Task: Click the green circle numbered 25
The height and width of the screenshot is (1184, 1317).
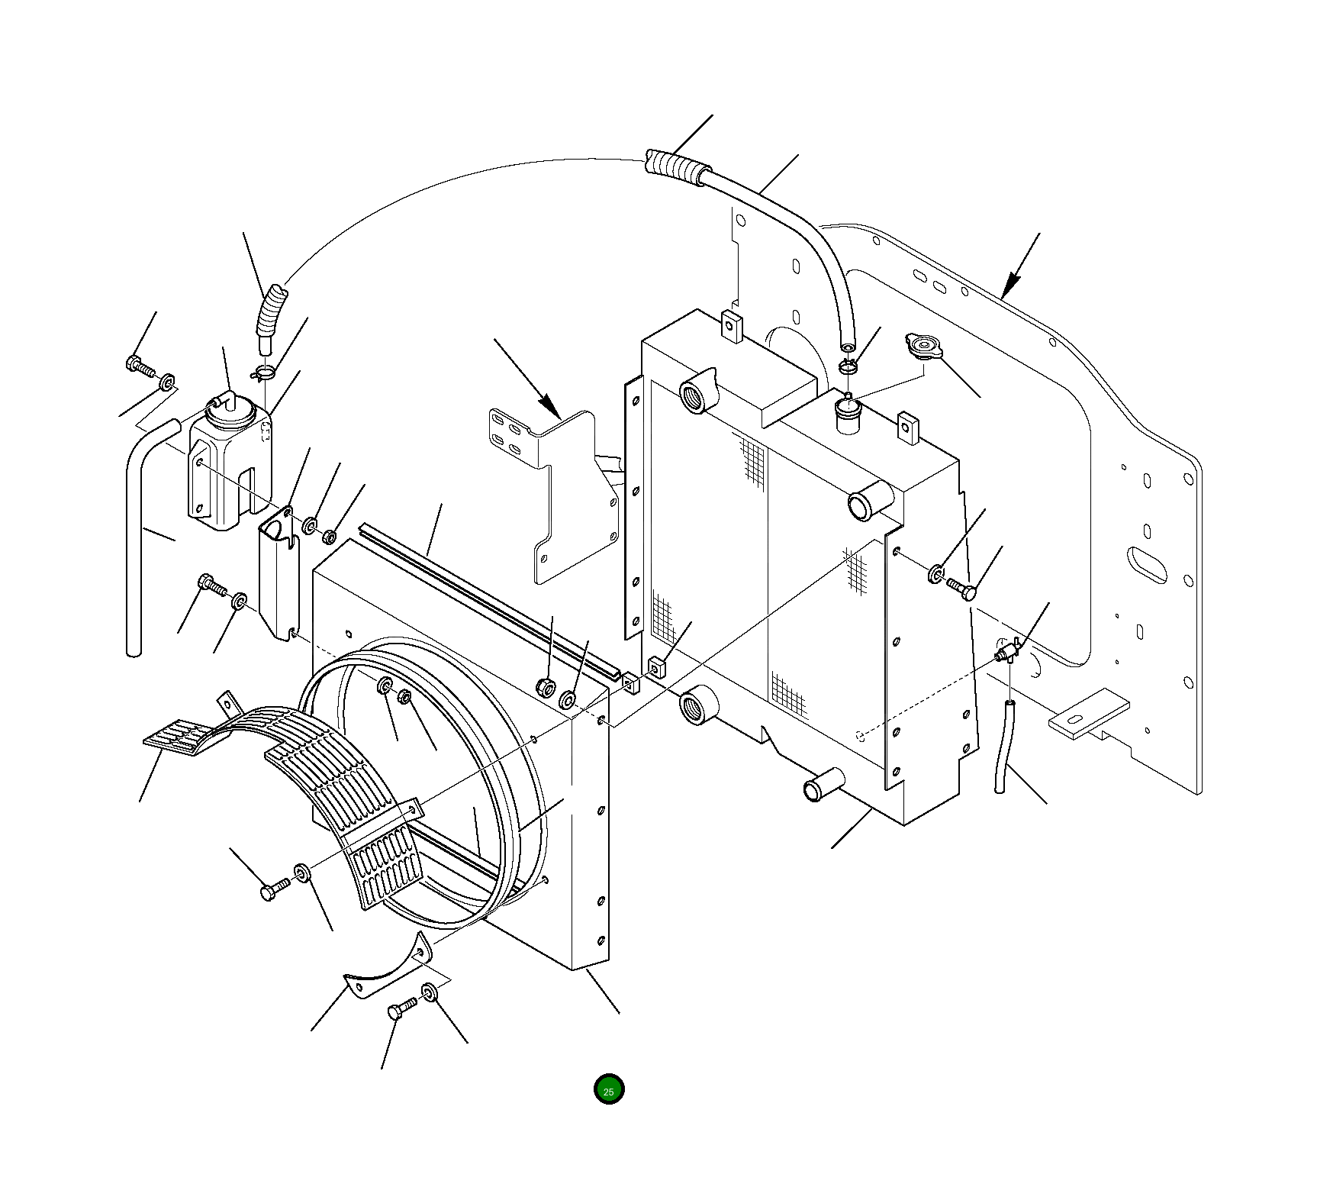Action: click(609, 1089)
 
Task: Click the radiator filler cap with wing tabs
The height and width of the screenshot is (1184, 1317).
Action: click(924, 347)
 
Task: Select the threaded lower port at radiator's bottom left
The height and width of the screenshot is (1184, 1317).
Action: click(697, 704)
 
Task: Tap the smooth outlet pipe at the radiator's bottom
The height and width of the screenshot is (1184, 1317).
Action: click(824, 786)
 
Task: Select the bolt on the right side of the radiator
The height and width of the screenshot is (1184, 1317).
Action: click(962, 588)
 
